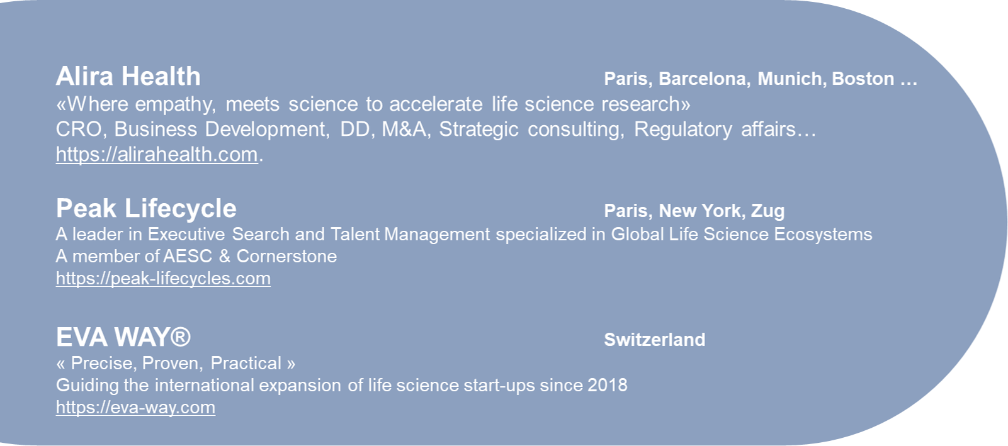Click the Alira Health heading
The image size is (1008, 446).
pos(128,76)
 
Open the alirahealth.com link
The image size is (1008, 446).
pos(157,155)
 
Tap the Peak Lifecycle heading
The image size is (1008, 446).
pos(146,209)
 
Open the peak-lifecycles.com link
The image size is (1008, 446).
pos(163,279)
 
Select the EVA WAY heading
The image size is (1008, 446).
pos(123,337)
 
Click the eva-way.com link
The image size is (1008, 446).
pos(135,408)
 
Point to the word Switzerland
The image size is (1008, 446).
pos(655,340)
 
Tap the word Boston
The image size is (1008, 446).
pos(863,79)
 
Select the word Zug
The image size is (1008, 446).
pos(767,211)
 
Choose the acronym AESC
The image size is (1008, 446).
pos(188,256)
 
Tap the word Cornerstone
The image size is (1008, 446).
pos(286,256)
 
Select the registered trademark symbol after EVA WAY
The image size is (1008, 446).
pos(181,337)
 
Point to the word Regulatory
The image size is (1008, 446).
pos(683,130)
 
